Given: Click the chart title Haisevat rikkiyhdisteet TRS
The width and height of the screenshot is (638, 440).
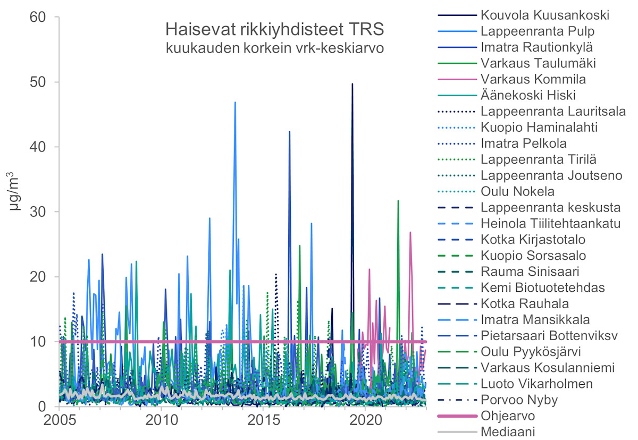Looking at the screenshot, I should point(274,29).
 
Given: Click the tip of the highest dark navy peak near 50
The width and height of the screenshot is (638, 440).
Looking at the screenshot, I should point(352,84).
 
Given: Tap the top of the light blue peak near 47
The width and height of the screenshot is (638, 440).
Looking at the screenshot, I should point(235,102).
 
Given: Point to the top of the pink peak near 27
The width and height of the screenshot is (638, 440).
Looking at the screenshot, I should point(410,232).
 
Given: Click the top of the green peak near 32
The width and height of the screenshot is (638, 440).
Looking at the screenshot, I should point(398,201).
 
